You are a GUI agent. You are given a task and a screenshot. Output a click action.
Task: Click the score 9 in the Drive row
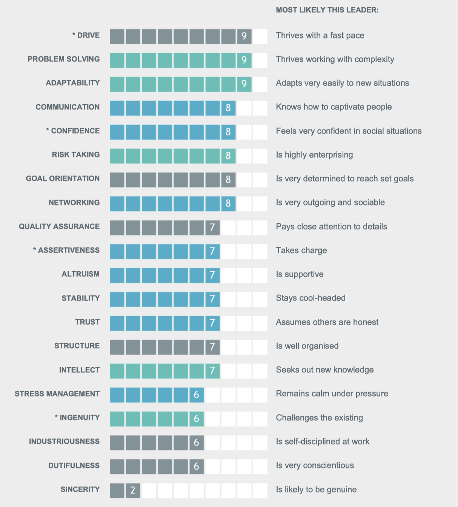244,36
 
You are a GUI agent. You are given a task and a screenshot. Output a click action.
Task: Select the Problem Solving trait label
64,59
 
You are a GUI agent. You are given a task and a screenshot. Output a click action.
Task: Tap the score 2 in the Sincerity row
133,490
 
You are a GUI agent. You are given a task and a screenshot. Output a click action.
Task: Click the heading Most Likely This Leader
327,10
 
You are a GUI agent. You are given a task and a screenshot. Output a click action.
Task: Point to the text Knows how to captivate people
334,107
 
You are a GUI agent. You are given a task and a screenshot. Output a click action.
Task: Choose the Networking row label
74,203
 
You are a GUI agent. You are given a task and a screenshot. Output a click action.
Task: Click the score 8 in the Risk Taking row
228,156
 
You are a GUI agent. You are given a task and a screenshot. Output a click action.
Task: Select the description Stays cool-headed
310,298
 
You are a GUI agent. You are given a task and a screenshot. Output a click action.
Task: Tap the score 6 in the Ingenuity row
196,419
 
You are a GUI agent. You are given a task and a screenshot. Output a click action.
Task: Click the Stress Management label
57,394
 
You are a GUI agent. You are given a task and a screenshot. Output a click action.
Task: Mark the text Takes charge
301,250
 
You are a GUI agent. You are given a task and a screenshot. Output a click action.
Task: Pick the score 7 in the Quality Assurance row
212,227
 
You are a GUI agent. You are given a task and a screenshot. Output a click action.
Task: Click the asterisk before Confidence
48,131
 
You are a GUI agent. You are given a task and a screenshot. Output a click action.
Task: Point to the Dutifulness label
74,466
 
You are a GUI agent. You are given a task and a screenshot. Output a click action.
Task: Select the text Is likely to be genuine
316,490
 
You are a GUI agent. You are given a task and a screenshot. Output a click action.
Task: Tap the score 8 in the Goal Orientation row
228,179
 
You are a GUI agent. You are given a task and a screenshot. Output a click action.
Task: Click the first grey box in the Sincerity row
117,490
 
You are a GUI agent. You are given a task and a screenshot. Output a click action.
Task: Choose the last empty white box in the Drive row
260,36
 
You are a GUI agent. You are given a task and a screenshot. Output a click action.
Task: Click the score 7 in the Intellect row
212,371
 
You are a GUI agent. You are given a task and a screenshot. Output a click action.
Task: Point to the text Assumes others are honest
327,322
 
